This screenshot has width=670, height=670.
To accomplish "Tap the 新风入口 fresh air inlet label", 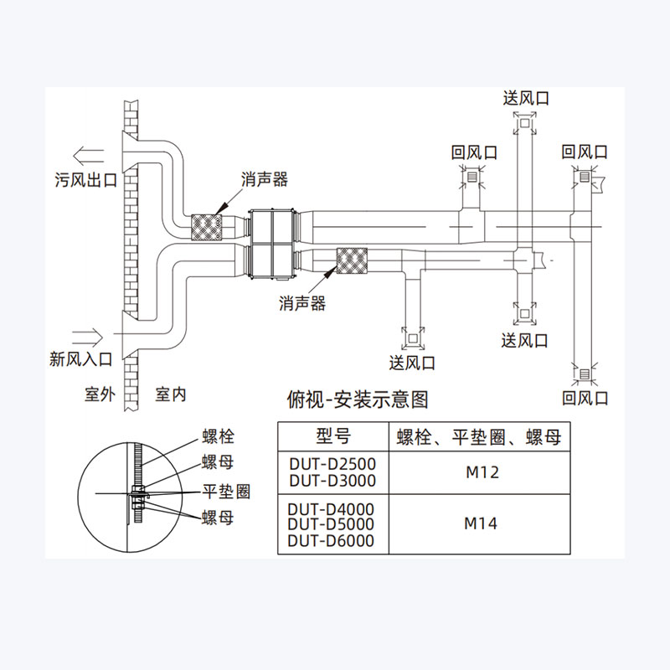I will click(x=81, y=360).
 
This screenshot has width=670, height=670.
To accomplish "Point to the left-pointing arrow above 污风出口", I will click(x=88, y=154).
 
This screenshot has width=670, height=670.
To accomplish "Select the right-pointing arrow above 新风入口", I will click(x=88, y=337).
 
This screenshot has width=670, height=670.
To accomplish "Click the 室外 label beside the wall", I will click(x=99, y=394).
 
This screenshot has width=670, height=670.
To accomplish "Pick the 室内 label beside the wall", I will click(x=171, y=394).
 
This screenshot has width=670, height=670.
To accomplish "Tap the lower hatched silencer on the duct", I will click(x=352, y=262).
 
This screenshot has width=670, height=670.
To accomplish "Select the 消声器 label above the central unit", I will click(x=265, y=179).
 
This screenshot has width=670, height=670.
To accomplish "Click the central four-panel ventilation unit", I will click(x=271, y=243).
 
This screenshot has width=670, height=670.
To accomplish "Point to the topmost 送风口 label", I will click(x=526, y=98).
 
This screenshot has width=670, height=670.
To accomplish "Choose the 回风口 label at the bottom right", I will click(x=585, y=397).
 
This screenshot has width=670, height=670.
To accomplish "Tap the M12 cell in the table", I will click(x=482, y=472).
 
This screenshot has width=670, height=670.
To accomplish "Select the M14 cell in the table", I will click(x=482, y=524).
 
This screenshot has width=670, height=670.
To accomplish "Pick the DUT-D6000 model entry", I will click(x=331, y=541).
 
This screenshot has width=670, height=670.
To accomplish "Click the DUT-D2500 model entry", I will click(x=332, y=463).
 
